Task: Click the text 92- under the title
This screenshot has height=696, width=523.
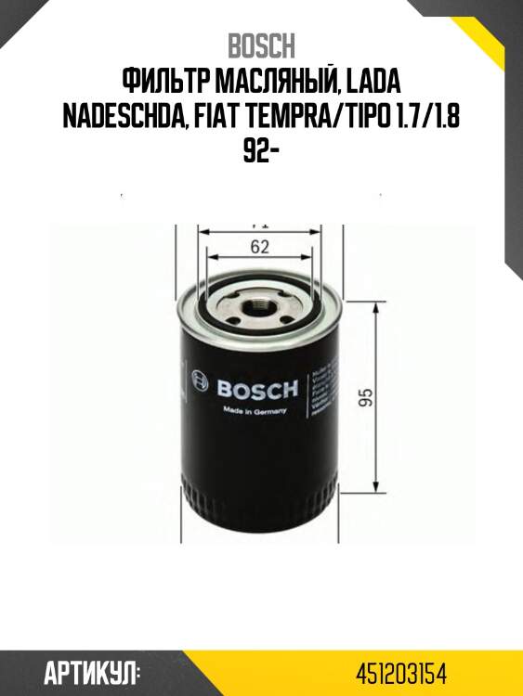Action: [261, 151]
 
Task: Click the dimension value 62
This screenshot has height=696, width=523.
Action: [260, 247]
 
